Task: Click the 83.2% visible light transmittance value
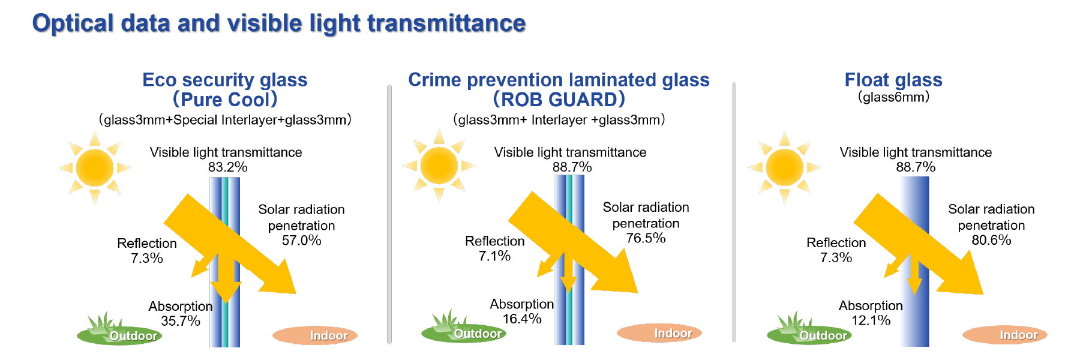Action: point(228,167)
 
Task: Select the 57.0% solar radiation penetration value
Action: point(302,241)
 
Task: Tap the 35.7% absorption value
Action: point(181,321)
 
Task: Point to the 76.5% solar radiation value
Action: point(646,238)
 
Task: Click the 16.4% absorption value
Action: point(522,319)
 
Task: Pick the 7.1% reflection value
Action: point(494,256)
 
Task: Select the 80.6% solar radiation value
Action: point(992,240)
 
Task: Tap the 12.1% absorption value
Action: point(871,320)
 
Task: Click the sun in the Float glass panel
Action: point(784,167)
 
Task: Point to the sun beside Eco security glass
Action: point(95,167)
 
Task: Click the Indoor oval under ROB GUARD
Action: point(659,333)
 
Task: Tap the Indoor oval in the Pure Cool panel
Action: point(315,335)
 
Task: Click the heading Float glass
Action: point(893,80)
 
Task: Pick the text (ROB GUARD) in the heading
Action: point(559,99)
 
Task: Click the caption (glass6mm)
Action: point(893,97)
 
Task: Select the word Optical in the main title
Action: point(73,24)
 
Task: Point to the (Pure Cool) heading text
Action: point(225,99)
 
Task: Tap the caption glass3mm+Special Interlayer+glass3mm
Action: point(225,120)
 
